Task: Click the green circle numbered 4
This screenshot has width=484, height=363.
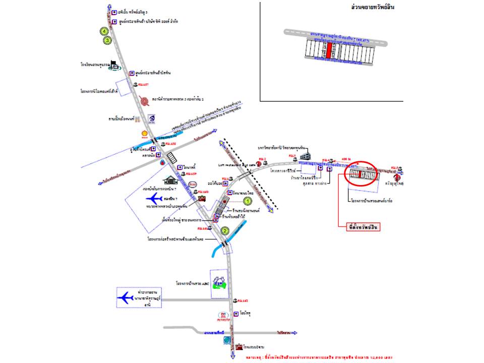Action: click(104, 31)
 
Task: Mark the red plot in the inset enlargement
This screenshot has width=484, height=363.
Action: click(328, 50)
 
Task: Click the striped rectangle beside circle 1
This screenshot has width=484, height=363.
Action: click(220, 207)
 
